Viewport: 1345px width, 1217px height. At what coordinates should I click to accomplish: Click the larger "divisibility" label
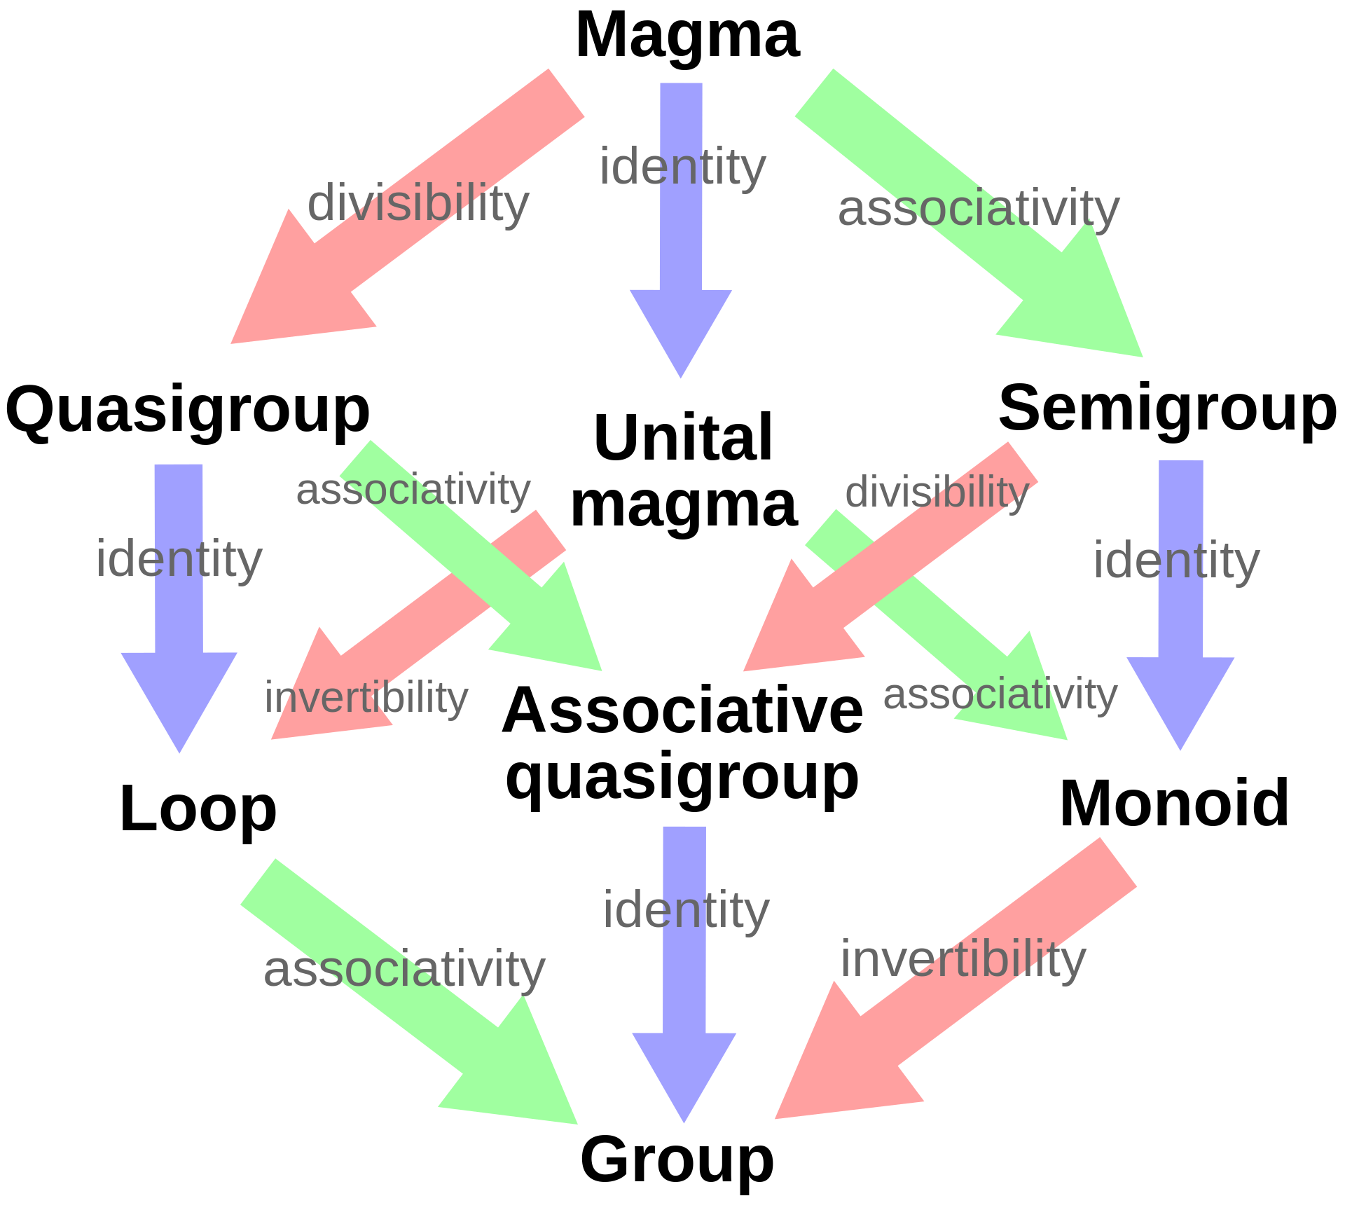(418, 204)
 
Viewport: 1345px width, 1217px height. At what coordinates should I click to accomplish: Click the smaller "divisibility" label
(937, 492)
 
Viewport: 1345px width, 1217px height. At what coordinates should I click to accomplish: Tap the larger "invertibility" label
(963, 960)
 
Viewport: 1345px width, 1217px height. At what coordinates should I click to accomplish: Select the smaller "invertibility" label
(366, 698)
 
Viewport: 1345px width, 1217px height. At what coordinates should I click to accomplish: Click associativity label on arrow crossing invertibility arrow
(413, 490)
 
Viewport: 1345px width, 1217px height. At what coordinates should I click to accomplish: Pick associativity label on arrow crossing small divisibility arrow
(1000, 695)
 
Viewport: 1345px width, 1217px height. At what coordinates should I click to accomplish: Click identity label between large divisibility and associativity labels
(683, 168)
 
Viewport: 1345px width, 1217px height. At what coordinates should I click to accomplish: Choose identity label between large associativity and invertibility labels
(687, 911)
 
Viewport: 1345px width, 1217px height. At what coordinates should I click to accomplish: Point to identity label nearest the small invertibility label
(179, 560)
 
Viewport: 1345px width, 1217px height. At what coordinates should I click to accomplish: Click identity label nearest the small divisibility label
(1177, 561)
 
